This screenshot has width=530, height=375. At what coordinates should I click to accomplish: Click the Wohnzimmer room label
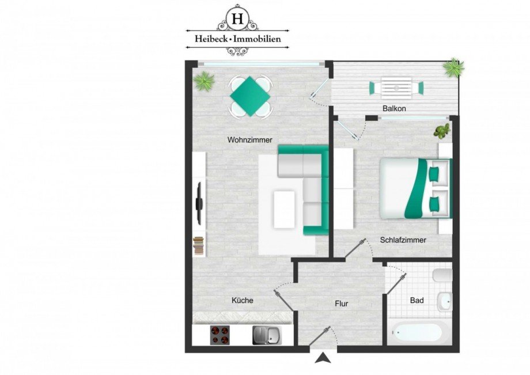point(249,140)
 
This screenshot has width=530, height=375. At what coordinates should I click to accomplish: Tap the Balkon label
point(394,108)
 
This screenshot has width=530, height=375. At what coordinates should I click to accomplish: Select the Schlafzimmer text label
point(403,240)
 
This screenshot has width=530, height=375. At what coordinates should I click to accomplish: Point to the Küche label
point(242,300)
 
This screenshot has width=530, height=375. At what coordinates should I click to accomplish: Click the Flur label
point(341,303)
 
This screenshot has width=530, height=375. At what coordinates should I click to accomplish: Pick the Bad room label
point(417,301)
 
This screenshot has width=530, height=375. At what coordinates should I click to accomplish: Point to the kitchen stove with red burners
point(219,334)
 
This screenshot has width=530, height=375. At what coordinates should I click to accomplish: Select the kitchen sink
point(267,334)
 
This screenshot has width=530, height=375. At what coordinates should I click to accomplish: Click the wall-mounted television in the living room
point(199,203)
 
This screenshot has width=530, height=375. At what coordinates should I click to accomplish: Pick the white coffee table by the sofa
point(285,209)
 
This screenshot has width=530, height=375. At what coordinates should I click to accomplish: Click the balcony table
point(396,88)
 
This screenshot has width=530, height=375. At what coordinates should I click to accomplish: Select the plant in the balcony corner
point(453,68)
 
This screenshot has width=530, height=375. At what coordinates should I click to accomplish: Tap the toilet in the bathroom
point(442,276)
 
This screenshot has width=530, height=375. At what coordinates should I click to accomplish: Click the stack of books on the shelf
point(198,246)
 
